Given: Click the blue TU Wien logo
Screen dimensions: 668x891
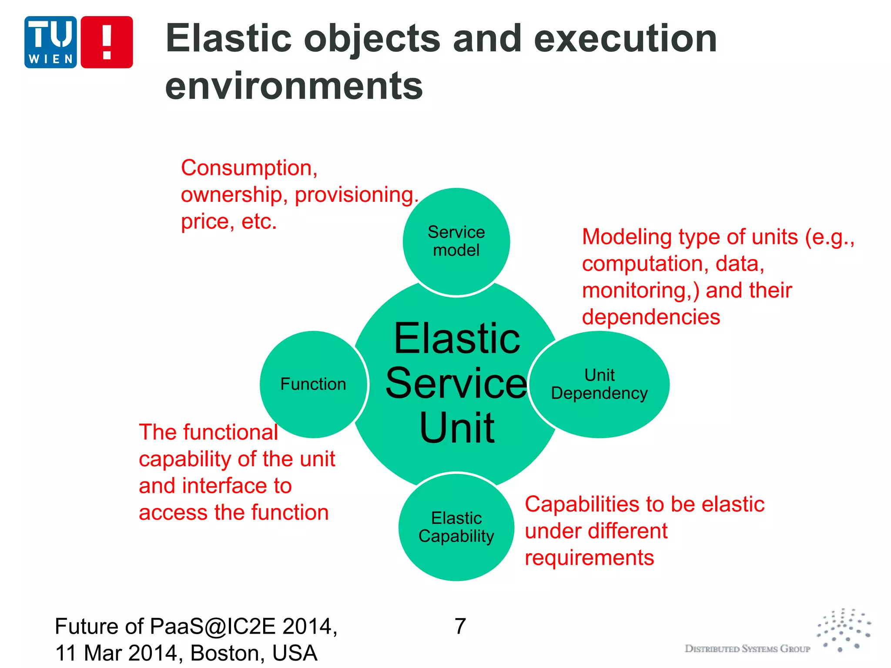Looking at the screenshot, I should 50,42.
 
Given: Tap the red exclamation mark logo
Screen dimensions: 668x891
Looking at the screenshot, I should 107,42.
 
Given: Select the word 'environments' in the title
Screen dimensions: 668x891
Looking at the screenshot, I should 294,86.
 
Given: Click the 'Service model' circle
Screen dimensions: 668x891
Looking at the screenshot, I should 456,241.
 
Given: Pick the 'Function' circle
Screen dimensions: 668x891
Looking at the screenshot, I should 313,384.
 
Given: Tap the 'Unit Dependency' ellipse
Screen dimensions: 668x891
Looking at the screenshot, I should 600,384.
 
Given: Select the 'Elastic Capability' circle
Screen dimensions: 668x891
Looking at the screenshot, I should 456,527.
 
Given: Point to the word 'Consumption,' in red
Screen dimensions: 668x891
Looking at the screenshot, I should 249,168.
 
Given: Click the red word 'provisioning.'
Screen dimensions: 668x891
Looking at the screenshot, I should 356,195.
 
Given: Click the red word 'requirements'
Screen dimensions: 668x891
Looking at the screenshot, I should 589,558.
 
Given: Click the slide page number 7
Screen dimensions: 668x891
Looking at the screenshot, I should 460,627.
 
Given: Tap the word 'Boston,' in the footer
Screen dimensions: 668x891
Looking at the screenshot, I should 228,653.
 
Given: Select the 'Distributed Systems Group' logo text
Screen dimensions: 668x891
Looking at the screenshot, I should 747,649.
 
